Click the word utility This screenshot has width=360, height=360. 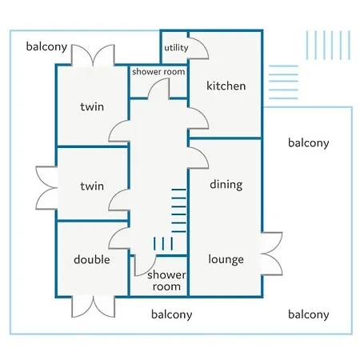click(176, 48)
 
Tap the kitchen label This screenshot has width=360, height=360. click(226, 86)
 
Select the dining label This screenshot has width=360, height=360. click(226, 185)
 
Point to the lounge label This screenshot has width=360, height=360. click(226, 259)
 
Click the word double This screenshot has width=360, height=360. click(92, 259)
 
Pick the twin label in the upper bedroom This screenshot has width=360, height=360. click(92, 107)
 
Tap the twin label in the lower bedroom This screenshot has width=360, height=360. click(92, 186)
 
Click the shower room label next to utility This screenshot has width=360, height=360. click(158, 72)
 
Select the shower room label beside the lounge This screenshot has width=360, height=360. click(166, 281)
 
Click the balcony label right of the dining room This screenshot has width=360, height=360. click(309, 143)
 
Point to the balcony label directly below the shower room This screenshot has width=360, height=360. click(171, 314)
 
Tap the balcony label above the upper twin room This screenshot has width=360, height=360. click(46, 47)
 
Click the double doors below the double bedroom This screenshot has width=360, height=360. click(94, 306)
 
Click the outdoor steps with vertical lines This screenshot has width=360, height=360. click(328, 45)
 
